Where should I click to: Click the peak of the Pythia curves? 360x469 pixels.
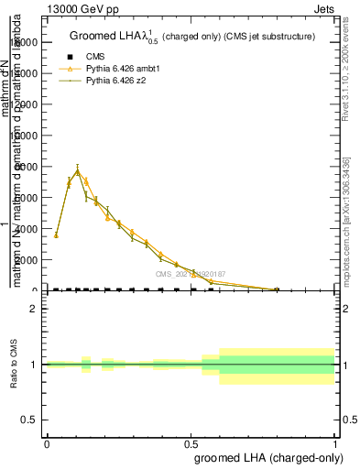pos(78,170)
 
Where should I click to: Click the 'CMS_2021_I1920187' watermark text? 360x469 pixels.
pos(191,274)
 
